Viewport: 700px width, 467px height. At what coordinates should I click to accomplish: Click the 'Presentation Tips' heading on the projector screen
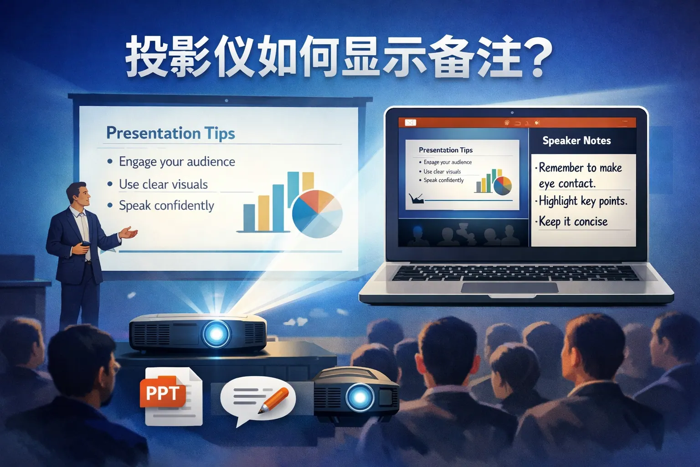coord(170,133)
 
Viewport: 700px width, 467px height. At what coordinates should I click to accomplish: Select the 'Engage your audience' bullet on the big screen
coord(177,162)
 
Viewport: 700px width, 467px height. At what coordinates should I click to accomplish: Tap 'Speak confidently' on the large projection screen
coord(166,206)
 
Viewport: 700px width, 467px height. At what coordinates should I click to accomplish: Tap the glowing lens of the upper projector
coord(216,334)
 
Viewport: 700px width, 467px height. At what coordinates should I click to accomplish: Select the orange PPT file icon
coord(163,393)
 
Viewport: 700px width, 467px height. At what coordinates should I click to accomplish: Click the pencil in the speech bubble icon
coord(273,400)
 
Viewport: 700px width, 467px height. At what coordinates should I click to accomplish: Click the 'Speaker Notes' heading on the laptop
coord(576,141)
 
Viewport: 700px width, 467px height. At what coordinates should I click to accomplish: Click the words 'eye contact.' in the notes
coord(567,184)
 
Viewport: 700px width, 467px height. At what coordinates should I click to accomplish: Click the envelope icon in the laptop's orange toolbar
coord(410,123)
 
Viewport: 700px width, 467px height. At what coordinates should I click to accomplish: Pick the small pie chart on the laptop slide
coord(503,186)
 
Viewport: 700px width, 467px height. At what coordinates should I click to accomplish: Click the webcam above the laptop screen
coord(512,113)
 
